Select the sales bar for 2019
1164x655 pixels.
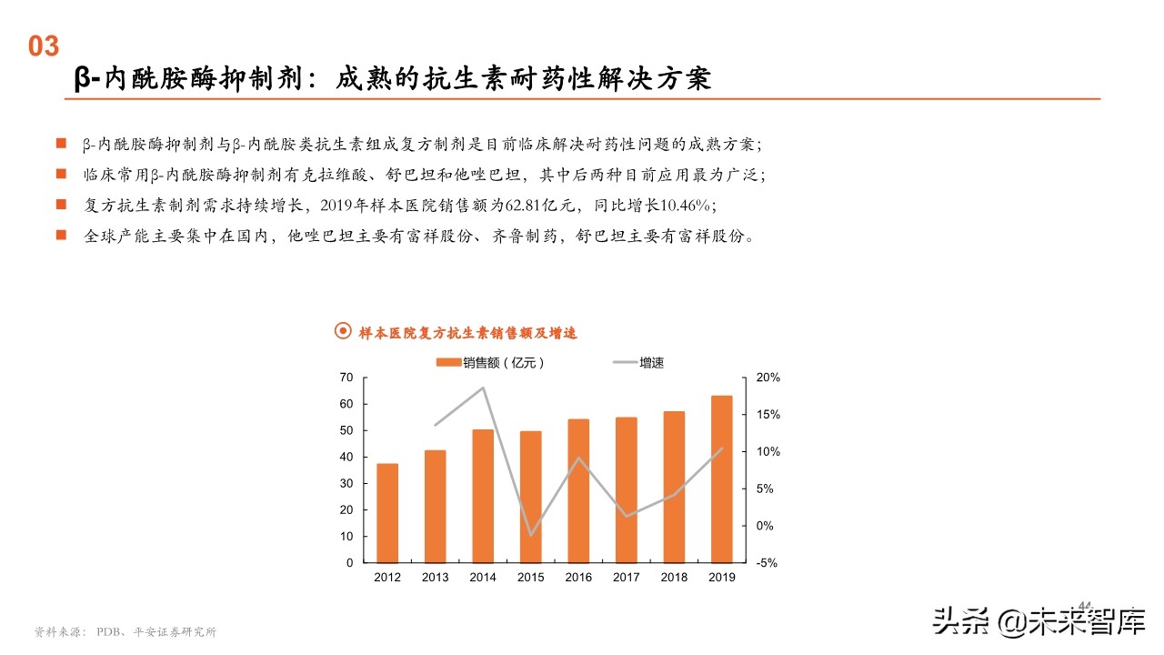click(721, 479)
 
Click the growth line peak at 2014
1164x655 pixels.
click(483, 388)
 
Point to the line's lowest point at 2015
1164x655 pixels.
click(530, 535)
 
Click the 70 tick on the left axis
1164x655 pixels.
click(346, 378)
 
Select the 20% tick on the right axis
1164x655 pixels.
click(768, 378)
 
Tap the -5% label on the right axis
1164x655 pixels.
click(767, 563)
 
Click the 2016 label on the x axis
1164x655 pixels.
click(578, 578)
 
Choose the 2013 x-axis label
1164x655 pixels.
click(435, 578)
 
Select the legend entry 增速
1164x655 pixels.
click(639, 363)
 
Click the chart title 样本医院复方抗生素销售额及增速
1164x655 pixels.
click(467, 333)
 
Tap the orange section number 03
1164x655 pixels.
click(43, 46)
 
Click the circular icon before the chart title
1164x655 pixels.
click(343, 332)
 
